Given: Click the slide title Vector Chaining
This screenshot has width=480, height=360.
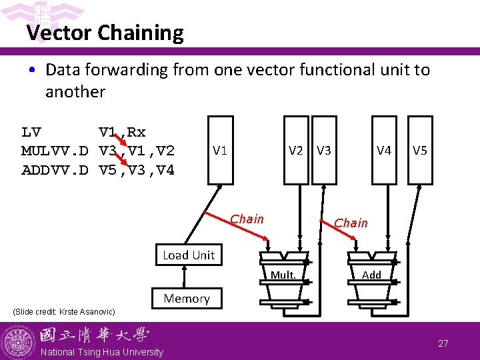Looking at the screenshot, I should [105, 33].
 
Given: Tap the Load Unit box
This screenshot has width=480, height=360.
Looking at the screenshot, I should [189, 255].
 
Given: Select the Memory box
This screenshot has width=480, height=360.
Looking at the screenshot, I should [187, 299].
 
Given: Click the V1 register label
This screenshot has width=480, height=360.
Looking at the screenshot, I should [220, 150].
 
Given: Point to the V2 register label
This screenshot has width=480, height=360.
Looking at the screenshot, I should [296, 150].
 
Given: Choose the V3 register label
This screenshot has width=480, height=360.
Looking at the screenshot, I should [324, 150].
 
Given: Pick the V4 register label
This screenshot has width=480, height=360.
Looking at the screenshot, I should [383, 150].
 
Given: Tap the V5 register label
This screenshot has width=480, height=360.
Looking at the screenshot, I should [420, 150].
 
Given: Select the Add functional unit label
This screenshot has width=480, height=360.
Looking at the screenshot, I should [371, 275].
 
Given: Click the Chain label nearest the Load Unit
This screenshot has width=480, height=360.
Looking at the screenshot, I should [247, 219].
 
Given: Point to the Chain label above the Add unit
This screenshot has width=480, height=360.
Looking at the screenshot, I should [351, 223].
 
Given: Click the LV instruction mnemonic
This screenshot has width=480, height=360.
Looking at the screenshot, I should [31, 132].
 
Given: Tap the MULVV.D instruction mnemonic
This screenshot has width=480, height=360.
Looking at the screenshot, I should [55, 151].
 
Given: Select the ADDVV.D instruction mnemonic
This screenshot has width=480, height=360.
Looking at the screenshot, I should [55, 171].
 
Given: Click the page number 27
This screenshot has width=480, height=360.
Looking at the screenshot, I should [443, 343].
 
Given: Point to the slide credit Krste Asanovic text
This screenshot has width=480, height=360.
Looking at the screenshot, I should [64, 312].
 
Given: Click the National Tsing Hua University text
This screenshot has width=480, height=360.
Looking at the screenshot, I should [101, 352].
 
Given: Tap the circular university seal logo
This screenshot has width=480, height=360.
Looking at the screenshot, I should [19, 341].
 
